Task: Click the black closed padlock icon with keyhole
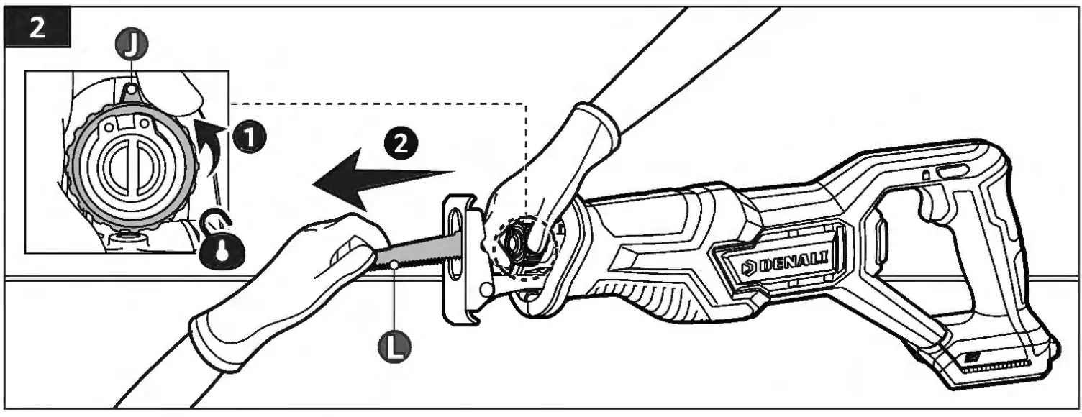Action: pyautogui.click(x=223, y=251)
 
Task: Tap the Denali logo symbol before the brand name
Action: pyautogui.click(x=748, y=269)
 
